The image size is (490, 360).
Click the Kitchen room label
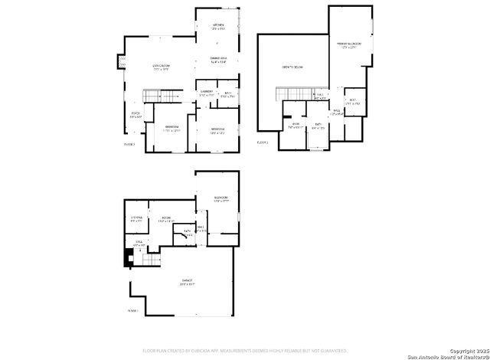pos(218,25)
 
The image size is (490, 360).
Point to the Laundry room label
pos(206,92)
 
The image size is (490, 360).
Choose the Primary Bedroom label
pos(349,44)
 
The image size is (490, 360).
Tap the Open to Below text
pos(293,67)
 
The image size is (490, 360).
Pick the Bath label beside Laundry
pos(227,94)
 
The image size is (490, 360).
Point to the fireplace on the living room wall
pos(119,61)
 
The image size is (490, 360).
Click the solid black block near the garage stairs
pos(128,259)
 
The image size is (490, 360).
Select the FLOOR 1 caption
pos(133,310)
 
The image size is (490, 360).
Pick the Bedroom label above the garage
pos(221,198)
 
